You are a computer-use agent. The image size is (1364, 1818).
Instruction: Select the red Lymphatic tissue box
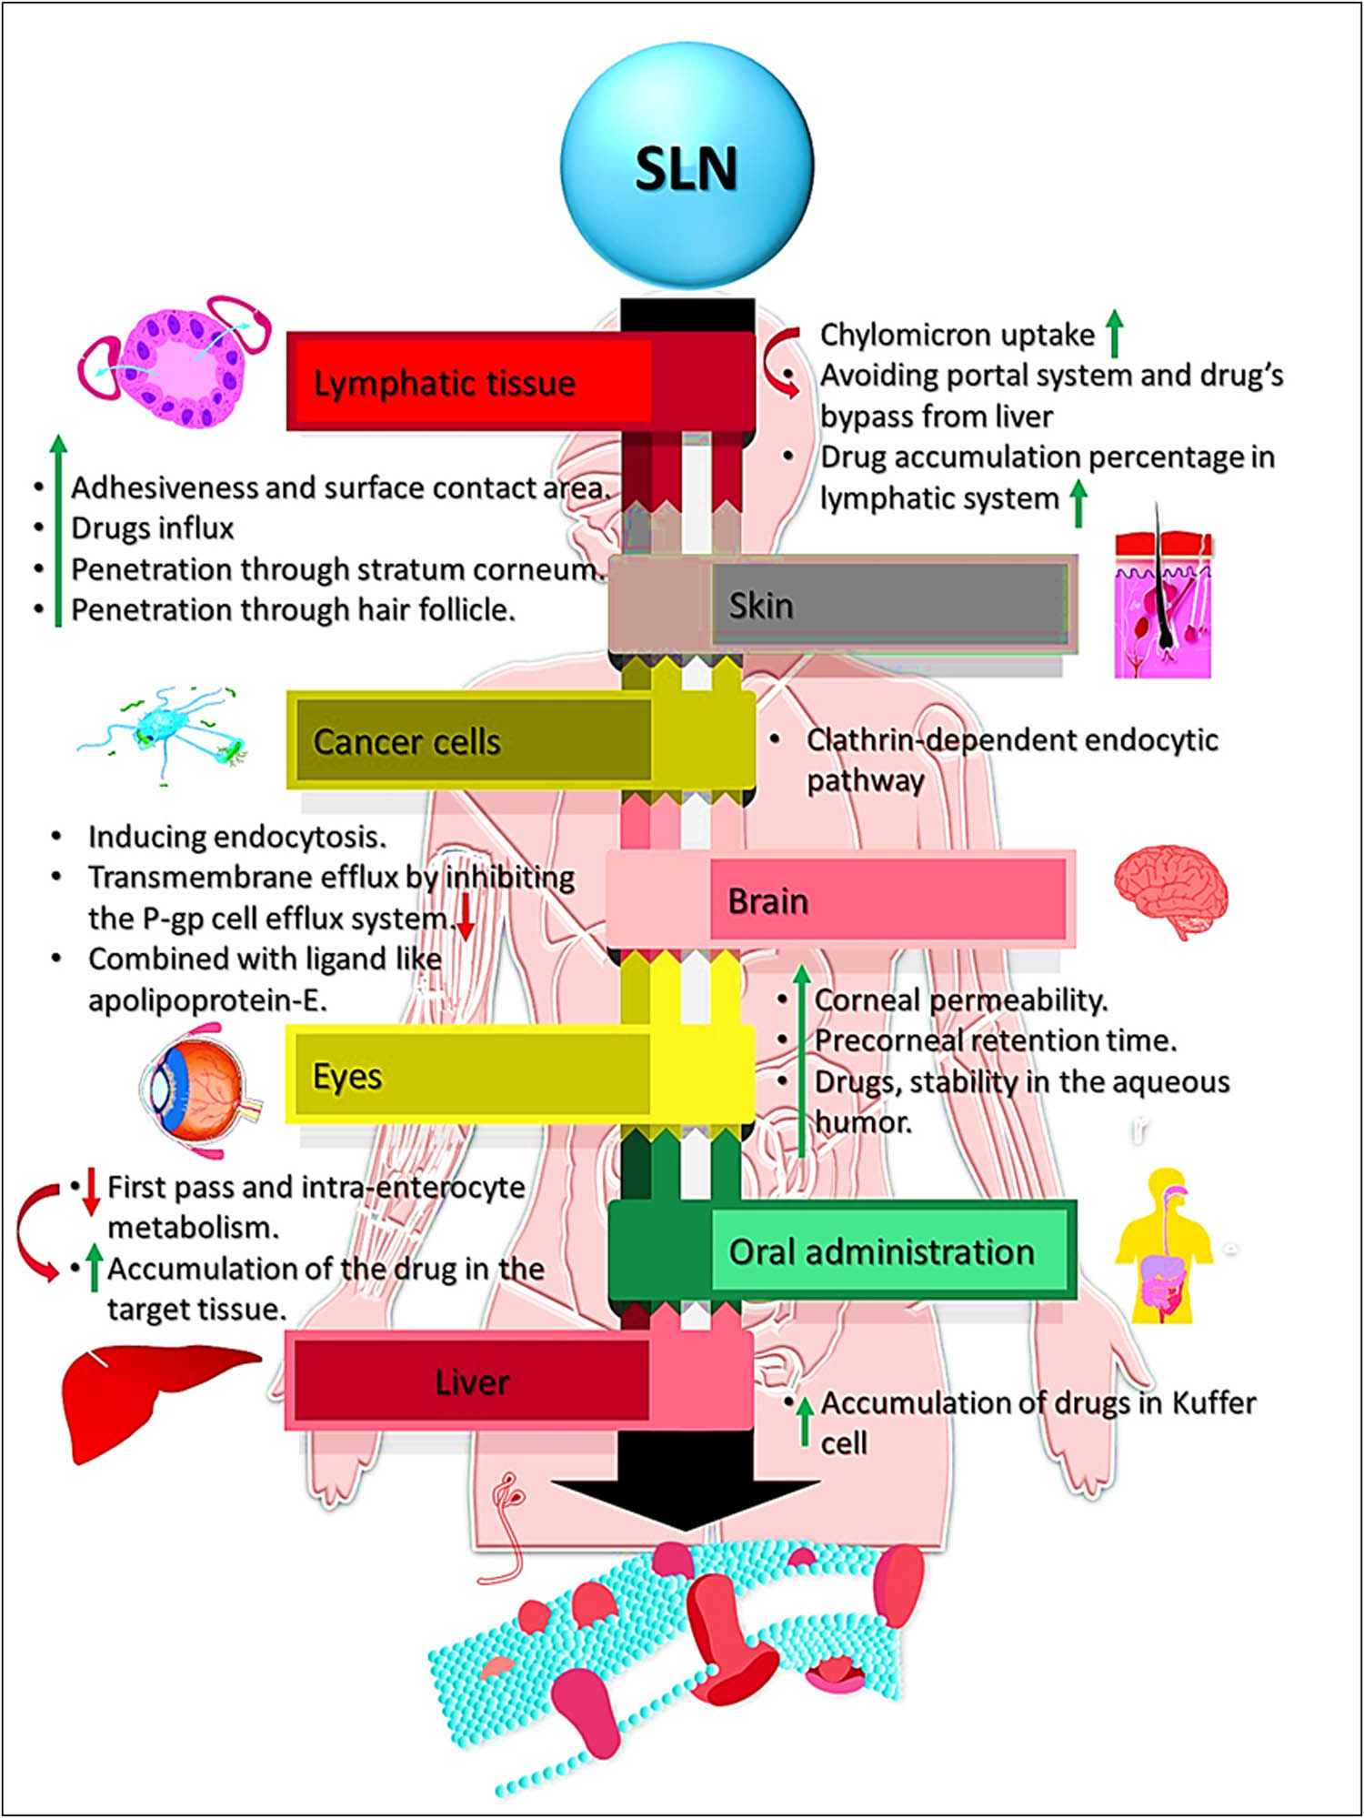[x=473, y=382]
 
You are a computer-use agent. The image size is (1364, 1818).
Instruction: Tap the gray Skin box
[x=887, y=605]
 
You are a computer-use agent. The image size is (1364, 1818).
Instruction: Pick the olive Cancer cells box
[x=473, y=741]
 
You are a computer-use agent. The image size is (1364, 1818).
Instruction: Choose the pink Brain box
[x=887, y=900]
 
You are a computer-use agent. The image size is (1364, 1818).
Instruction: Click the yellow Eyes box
[x=473, y=1075]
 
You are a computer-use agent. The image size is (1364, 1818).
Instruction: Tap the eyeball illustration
[x=200, y=1090]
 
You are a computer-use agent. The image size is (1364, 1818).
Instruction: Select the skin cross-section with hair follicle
[x=1163, y=605]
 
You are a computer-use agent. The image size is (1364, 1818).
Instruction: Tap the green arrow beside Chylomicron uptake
[x=1115, y=333]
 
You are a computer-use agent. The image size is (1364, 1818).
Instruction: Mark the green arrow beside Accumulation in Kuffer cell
[x=805, y=1421]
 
